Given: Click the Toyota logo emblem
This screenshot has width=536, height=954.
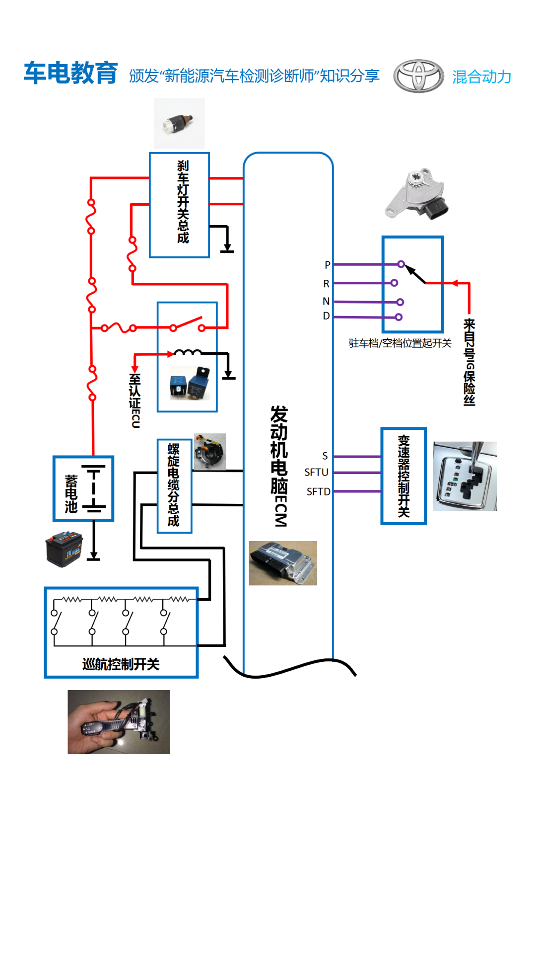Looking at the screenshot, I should [x=418, y=76].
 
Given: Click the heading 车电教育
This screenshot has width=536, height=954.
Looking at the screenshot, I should [x=70, y=73].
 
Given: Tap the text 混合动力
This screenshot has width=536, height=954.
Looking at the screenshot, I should [x=481, y=77].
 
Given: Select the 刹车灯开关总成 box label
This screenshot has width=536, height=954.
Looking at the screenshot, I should [x=183, y=202].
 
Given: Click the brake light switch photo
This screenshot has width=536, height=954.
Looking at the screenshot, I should [x=179, y=123].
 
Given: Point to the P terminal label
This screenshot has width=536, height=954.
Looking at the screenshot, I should [x=327, y=265].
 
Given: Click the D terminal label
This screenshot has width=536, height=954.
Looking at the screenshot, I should [x=326, y=316].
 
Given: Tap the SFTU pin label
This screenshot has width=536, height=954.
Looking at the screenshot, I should [x=316, y=472].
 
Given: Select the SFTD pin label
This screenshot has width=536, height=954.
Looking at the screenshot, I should [x=318, y=491].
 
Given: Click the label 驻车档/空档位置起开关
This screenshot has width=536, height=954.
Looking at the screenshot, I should [x=400, y=343].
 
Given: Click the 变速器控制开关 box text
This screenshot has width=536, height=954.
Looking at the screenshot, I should [x=403, y=476].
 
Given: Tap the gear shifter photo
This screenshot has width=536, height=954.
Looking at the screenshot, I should [x=465, y=476].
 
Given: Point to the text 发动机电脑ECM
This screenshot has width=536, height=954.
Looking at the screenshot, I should [x=279, y=466].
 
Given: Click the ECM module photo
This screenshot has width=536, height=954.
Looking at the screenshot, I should [x=283, y=563].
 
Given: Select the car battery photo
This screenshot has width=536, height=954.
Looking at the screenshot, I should [x=64, y=549].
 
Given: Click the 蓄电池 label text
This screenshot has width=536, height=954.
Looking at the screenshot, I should [x=71, y=493].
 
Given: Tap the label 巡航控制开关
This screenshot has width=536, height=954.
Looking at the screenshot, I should [x=121, y=664].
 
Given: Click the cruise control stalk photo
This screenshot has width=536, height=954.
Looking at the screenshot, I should [x=119, y=722].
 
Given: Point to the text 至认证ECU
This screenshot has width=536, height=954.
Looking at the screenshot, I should [x=135, y=400].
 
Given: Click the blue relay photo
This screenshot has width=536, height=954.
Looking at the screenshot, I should [x=190, y=383].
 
